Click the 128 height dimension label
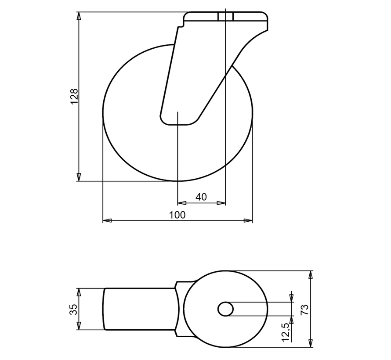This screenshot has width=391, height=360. pyautogui.click(x=74, y=97)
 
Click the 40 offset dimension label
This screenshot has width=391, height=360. pyautogui.click(x=201, y=197)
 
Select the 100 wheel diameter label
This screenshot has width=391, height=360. pyautogui.click(x=177, y=215)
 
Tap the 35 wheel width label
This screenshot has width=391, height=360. pyautogui.click(x=74, y=309)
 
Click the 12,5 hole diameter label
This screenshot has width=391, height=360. pyautogui.click(x=286, y=332)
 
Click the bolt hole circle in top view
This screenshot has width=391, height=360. pyautogui.click(x=226, y=309)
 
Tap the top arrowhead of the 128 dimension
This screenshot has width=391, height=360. pyautogui.click(x=79, y=16)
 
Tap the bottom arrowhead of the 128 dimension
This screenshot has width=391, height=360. pyautogui.click(x=79, y=177)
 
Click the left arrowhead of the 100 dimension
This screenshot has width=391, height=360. pyautogui.click(x=107, y=220)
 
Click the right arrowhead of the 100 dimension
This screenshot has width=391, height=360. pyautogui.click(x=249, y=220)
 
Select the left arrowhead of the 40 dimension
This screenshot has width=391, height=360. pyautogui.click(x=181, y=203)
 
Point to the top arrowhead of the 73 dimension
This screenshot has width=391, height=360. pyautogui.click(x=311, y=275)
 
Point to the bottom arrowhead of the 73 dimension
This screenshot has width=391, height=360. pyautogui.click(x=311, y=343)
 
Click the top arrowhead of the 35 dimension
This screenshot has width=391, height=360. pyautogui.click(x=79, y=292)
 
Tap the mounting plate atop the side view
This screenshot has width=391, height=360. pyautogui.click(x=226, y=18)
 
